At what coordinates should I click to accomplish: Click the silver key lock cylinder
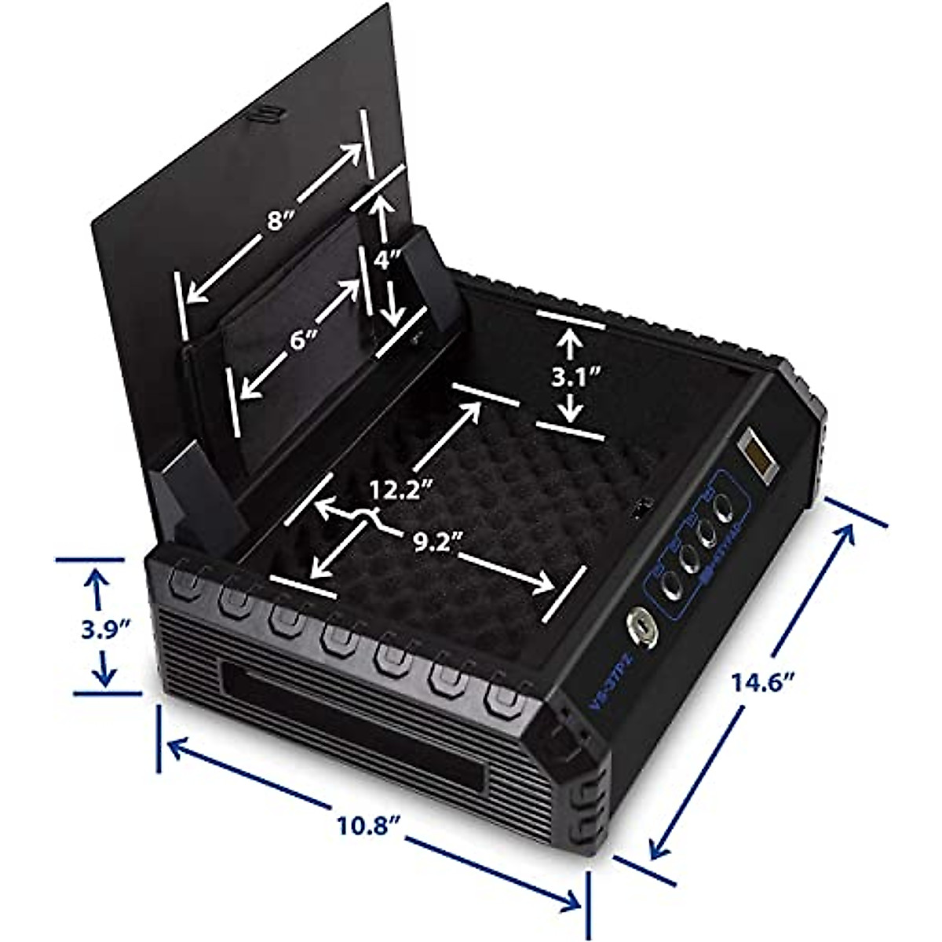[x=639, y=626]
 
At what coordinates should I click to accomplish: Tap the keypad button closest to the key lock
[x=671, y=585]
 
